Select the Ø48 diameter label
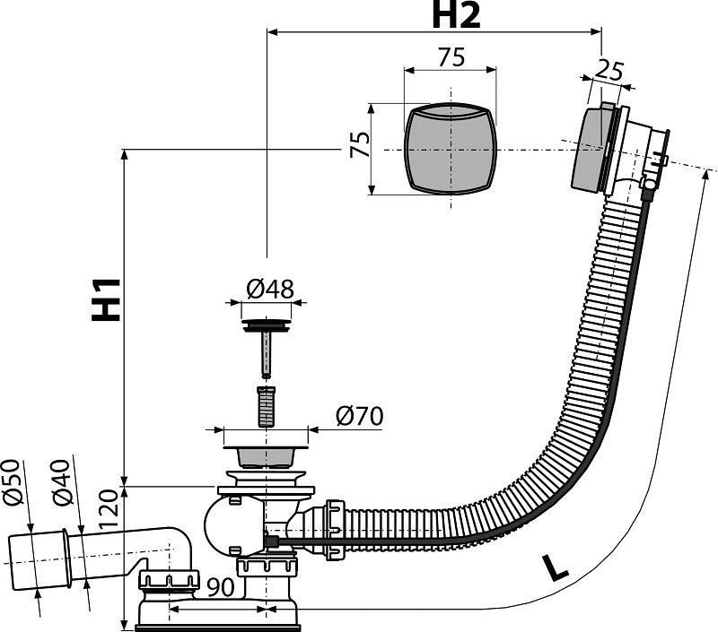[x=267, y=289]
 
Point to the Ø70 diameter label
[x=359, y=416]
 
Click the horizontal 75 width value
[x=451, y=57]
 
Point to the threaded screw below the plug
[x=266, y=404]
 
